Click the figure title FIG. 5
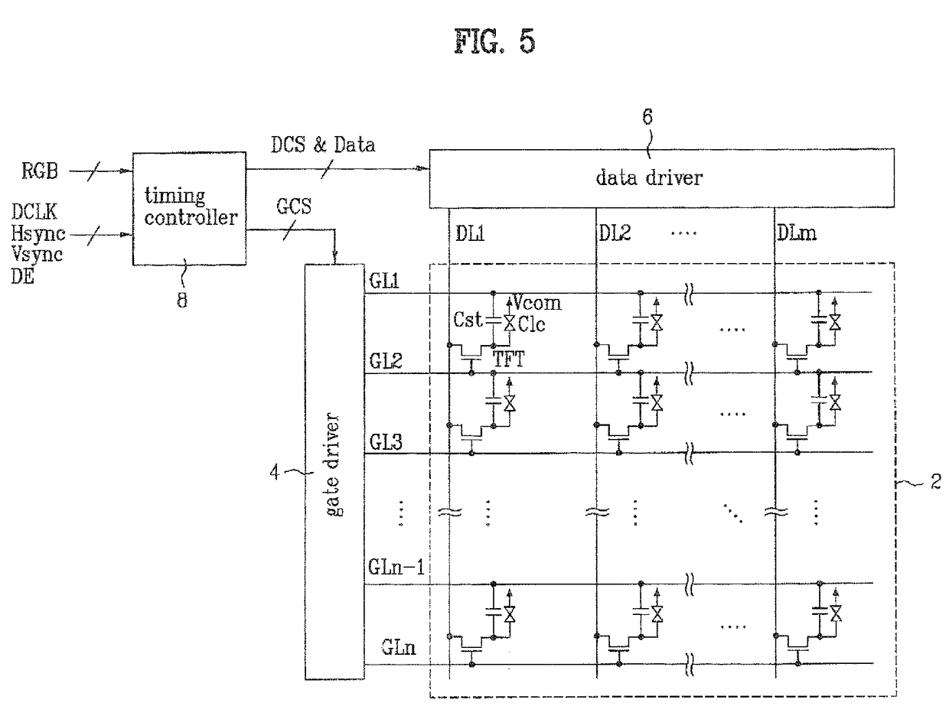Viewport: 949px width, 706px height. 494,41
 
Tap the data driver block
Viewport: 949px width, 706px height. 661,178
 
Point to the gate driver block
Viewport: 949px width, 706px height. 334,471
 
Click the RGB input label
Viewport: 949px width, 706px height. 40,171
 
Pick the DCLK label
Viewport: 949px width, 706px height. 34,212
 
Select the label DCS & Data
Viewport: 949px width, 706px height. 323,145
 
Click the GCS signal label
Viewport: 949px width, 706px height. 294,207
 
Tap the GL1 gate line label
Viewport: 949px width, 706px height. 384,281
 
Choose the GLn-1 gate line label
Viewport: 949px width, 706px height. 396,567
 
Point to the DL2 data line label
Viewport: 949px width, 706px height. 615,233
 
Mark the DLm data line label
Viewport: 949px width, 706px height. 796,233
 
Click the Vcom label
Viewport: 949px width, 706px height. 537,303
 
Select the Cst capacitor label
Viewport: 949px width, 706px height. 468,320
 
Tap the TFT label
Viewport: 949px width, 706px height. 508,359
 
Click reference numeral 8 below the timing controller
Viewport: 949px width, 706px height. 182,300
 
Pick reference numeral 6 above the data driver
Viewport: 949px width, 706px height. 647,117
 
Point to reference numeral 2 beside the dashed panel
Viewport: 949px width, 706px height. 936,481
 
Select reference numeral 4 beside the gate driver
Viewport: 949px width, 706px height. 275,473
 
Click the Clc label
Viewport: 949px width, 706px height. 531,324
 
